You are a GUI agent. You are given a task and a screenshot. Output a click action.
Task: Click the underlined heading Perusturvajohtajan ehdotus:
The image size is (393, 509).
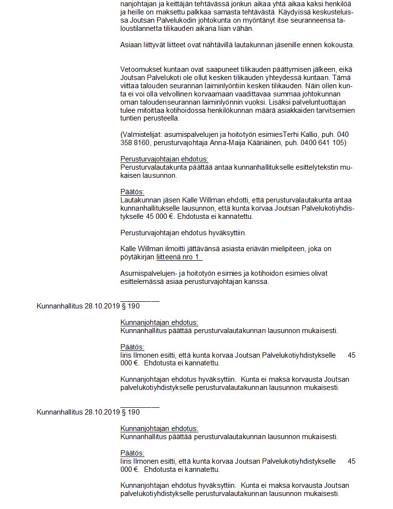click(164, 159)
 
